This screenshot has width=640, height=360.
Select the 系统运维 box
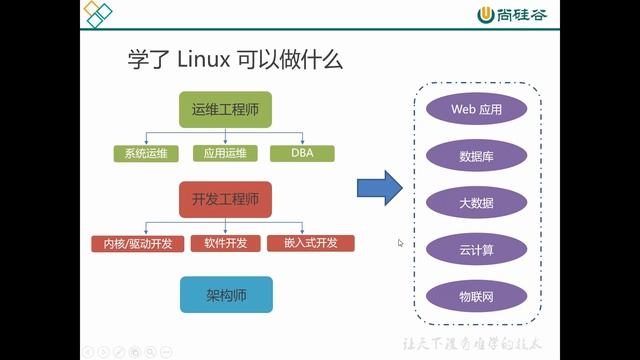pyautogui.click(x=146, y=154)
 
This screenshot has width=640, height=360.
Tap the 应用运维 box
pyautogui.click(x=224, y=154)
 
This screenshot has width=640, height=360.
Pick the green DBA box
pyautogui.click(x=302, y=154)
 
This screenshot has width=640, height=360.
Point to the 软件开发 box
pyautogui.click(x=225, y=243)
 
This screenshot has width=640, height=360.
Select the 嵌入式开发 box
pyautogui.click(x=310, y=243)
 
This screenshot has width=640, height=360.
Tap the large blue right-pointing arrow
pyautogui.click(x=379, y=187)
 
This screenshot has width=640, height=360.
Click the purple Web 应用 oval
pyautogui.click(x=476, y=108)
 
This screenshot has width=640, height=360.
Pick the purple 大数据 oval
pyautogui.click(x=476, y=202)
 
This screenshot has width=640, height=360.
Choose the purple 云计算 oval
pyautogui.click(x=476, y=249)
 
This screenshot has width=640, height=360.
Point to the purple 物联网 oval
pyautogui.click(x=476, y=296)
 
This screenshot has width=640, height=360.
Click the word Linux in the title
pyautogui.click(x=208, y=61)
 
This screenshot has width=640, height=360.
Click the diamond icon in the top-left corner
pyautogui.click(x=97, y=14)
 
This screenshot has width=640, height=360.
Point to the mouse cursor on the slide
pyautogui.click(x=400, y=242)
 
